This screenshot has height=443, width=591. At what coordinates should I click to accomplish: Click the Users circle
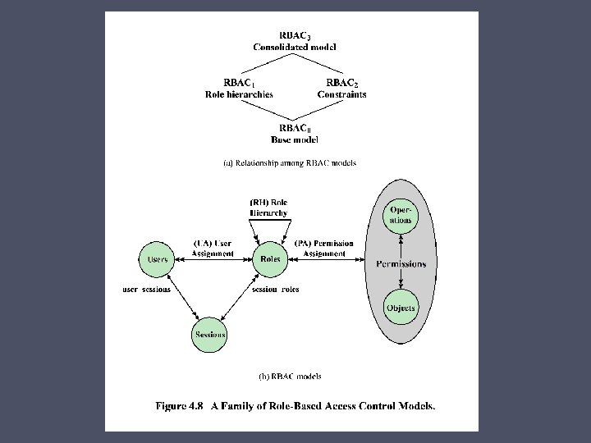pos(158,259)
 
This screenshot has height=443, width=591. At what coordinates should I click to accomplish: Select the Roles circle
pos(269,259)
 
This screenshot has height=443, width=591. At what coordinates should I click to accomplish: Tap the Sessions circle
pos(210,335)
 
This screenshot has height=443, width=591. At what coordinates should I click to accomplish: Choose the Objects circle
pos(401,308)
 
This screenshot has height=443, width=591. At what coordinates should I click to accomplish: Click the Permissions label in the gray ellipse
pos(401,263)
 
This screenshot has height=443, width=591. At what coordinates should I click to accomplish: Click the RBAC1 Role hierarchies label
pos(239,89)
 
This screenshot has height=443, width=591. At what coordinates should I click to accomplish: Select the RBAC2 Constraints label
pos(341,89)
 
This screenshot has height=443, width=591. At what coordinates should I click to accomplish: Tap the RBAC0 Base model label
pos(295,135)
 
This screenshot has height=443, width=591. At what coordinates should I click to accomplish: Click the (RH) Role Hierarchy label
pos(268,208)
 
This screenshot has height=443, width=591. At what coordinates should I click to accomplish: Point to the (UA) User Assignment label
pos(213,249)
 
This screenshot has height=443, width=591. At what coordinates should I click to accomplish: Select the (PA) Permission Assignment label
pos(324,249)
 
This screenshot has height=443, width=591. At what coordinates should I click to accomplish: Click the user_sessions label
pos(146,290)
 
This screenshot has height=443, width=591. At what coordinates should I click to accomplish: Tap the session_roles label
pos(276,290)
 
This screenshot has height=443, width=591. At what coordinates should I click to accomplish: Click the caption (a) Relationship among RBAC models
pos(290,163)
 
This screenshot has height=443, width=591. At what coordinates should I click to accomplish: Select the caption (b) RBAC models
pos(290,377)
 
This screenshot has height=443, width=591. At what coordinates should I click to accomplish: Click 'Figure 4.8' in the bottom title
pos(179,405)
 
